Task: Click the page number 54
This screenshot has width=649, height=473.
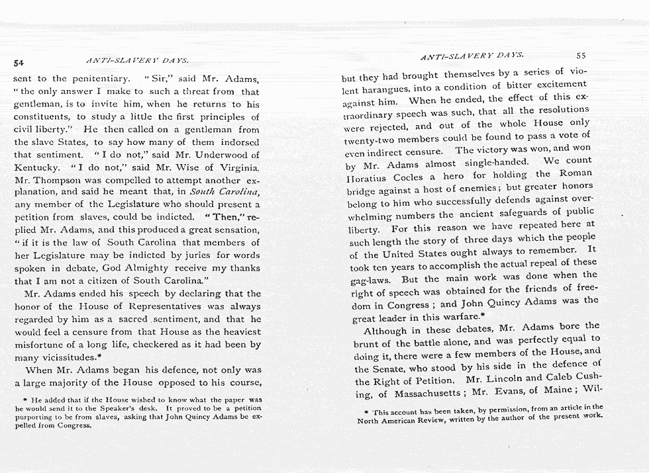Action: click(x=19, y=63)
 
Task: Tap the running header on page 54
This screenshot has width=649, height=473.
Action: click(x=138, y=60)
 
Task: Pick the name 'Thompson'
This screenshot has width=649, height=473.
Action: click(x=64, y=180)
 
